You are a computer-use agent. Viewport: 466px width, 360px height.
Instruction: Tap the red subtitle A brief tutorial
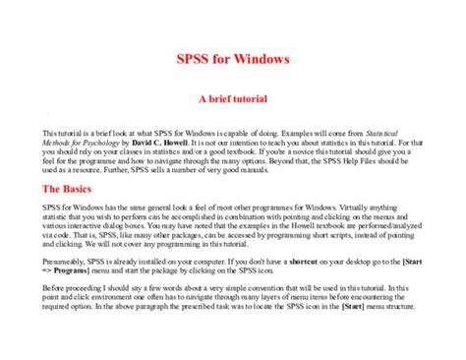pos(233,99)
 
